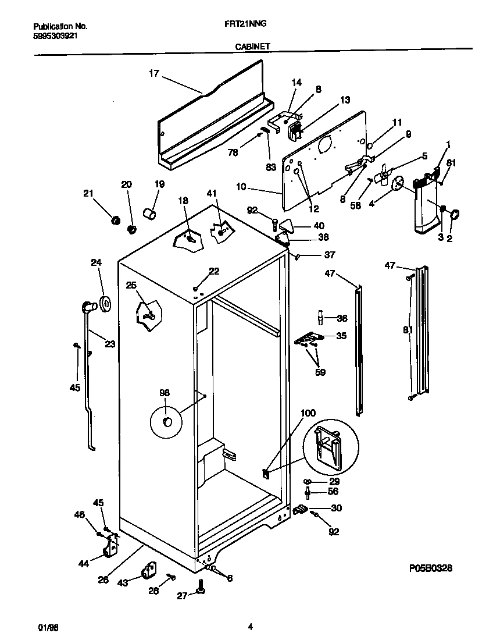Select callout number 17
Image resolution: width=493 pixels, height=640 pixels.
point(153,73)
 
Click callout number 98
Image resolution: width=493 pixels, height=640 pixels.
point(165,394)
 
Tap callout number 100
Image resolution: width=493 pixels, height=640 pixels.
point(308,414)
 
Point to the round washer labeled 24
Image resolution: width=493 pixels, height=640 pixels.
point(106,304)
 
